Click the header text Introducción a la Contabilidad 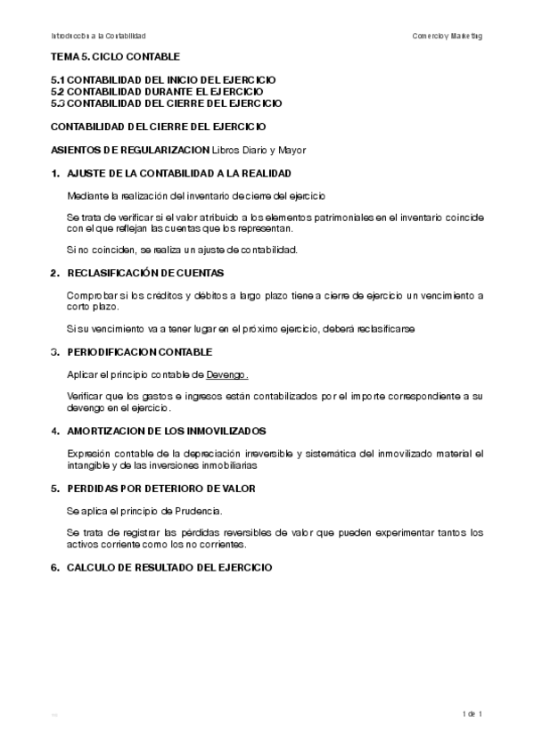[98, 36]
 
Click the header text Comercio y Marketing [448, 36]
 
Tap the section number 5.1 [58, 80]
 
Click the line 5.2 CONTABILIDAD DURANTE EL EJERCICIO [157, 92]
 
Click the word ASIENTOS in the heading [75, 149]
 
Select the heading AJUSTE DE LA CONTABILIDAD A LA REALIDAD [179, 172]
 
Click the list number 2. [54, 273]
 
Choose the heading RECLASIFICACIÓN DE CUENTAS [145, 273]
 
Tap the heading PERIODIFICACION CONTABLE [140, 352]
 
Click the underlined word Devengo [227, 374]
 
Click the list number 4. [54, 431]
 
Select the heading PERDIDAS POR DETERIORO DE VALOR [161, 489]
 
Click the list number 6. [54, 567]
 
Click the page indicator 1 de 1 [472, 714]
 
